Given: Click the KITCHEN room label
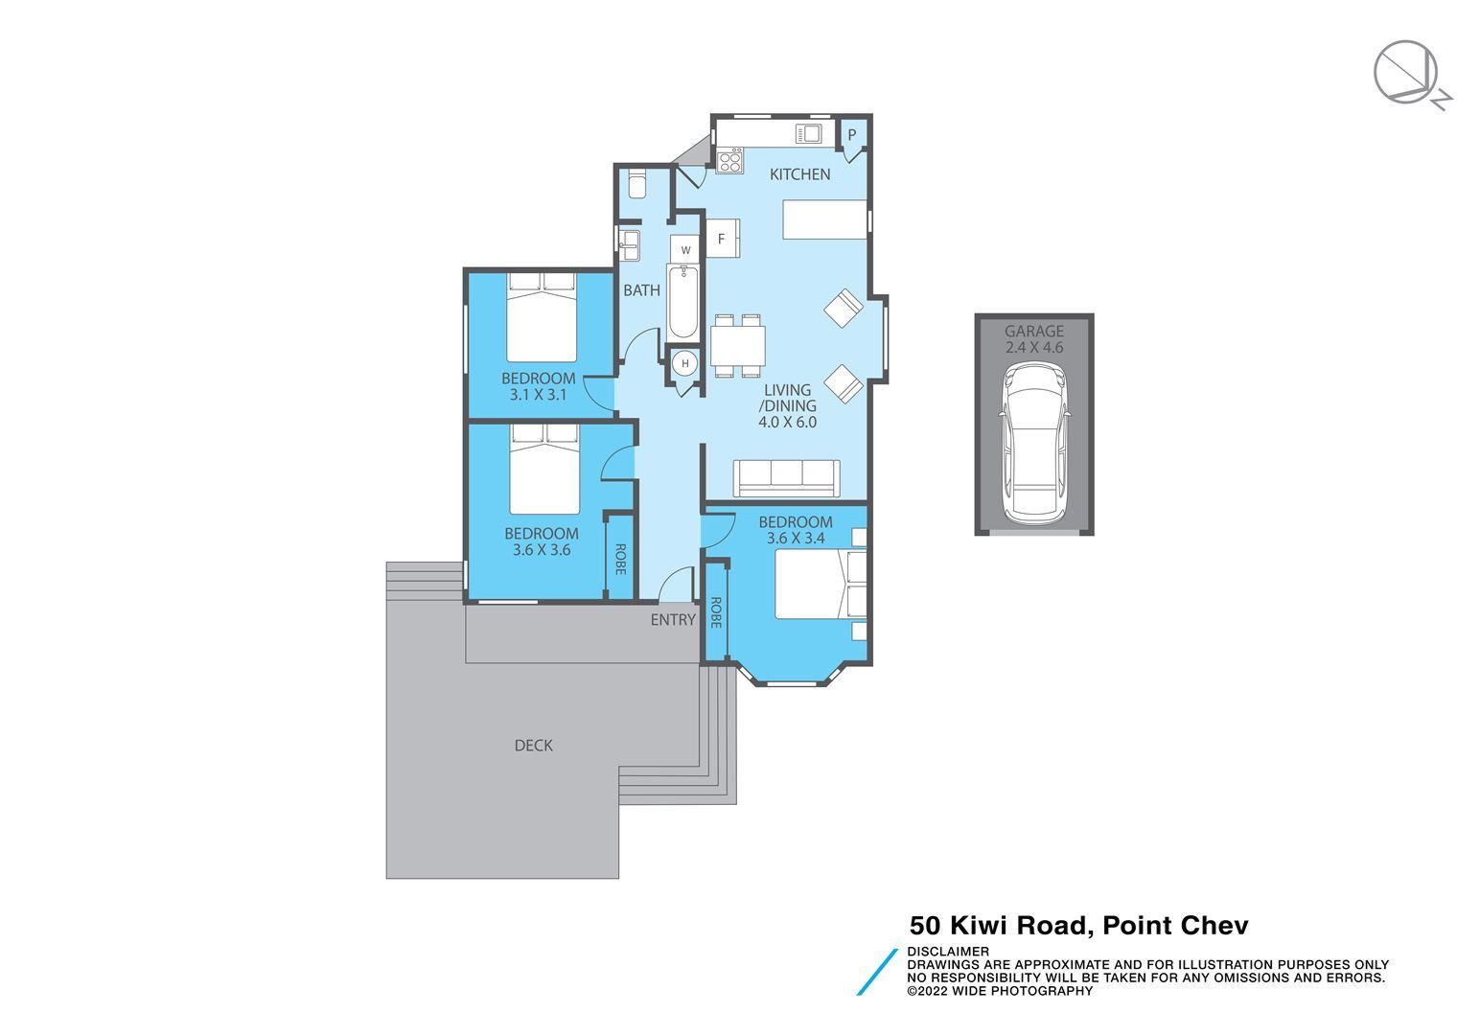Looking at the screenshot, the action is click(800, 174).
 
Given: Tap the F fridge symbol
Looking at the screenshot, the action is click(722, 239).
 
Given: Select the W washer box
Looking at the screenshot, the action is click(685, 250).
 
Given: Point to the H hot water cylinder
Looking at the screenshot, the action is click(685, 363).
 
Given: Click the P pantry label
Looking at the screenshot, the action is click(852, 135).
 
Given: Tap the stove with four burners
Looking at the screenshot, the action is click(730, 161).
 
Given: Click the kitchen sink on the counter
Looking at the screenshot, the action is click(809, 134).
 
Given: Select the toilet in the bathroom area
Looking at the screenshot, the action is click(636, 183).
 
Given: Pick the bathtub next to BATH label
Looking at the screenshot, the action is click(683, 302).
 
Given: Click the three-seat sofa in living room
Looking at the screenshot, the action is click(786, 478).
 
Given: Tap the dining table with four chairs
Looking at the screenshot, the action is click(738, 346).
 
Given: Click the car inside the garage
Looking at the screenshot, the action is click(1034, 444).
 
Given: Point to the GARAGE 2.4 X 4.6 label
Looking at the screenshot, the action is click(1034, 339).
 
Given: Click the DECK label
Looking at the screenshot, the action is click(534, 746).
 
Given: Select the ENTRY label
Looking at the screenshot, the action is click(673, 620).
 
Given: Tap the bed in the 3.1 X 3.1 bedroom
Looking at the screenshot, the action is click(542, 317).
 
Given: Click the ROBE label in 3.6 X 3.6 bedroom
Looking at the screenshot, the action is click(620, 559).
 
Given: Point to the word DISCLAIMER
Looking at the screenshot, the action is click(947, 952).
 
